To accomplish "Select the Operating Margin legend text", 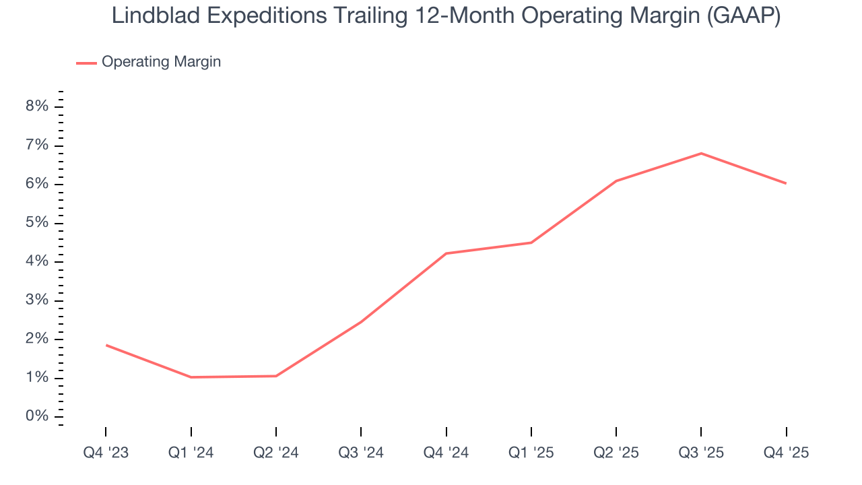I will pos(161,62).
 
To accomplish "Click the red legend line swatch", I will pos(86,63).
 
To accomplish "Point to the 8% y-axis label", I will pos(38,106).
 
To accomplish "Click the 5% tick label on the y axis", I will pos(38,223).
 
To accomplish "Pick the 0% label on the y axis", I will pos(38,416).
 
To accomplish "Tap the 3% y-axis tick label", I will pos(38,300).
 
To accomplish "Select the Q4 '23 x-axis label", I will pos(106,453).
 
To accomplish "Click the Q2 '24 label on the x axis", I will pos(276,453).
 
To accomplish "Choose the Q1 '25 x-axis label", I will pos(531,453).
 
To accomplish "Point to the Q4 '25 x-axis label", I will pos(786,453).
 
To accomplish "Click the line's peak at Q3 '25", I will pos(701,154).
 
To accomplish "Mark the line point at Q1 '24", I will pos(191,377).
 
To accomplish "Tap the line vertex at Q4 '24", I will pos(446,253).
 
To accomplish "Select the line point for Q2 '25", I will pos(616,181).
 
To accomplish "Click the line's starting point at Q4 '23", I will pos(106,345).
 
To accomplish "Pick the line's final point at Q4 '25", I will pos(786,183).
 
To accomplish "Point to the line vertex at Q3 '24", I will pos(361,322).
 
